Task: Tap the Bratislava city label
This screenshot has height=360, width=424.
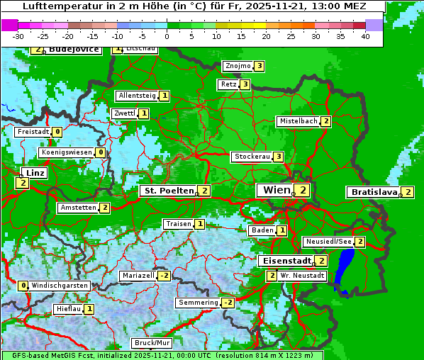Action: tap(374, 192)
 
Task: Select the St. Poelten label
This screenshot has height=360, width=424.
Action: tap(167, 191)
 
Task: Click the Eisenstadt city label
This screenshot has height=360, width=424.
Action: tap(284, 261)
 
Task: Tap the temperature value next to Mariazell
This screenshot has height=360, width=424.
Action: tap(164, 276)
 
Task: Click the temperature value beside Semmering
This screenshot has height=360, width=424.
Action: tap(228, 303)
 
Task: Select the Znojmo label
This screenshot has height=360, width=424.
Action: tap(238, 66)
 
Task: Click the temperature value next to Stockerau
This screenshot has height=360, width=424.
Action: tap(279, 157)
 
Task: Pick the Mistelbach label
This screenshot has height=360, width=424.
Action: tap(298, 121)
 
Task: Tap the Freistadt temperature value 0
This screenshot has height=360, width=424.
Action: tap(57, 132)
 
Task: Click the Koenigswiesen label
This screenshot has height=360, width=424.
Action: tap(67, 152)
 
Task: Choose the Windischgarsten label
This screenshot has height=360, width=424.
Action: tap(60, 286)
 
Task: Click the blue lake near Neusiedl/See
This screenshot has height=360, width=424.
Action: tap(345, 269)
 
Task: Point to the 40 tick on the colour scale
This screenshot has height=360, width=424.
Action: tap(365, 36)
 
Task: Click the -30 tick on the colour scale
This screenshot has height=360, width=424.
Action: tap(18, 36)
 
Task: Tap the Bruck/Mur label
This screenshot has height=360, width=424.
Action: tap(152, 343)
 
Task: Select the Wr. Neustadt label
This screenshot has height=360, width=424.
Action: tap(302, 276)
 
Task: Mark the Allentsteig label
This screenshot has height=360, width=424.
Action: tap(138, 96)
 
